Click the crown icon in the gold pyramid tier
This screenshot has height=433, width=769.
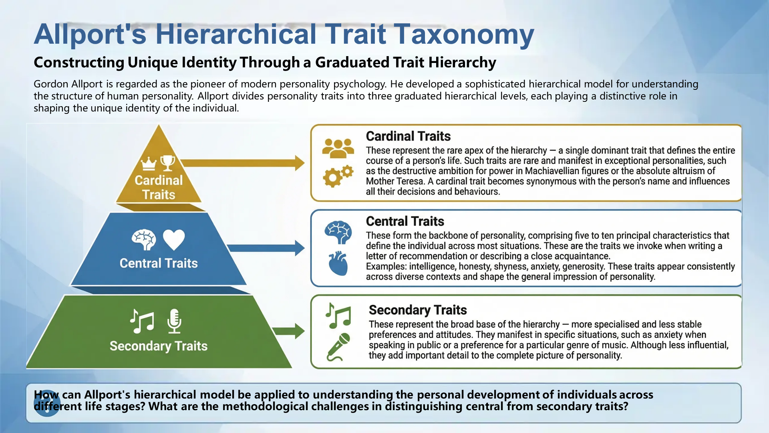149,164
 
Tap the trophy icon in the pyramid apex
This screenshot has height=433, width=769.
168,163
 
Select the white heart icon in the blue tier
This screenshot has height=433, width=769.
174,239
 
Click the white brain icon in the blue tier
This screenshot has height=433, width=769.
144,239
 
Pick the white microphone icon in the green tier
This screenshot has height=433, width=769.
174,321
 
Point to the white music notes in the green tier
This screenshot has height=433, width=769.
142,321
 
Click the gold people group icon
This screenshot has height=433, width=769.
338,148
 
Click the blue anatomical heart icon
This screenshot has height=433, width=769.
338,263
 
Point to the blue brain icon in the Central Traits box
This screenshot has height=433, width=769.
338,232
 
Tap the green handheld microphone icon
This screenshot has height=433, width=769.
338,347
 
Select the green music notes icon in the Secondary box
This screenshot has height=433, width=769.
338,316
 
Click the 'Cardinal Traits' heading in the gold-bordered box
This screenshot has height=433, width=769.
408,136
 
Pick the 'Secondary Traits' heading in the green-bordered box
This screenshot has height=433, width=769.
418,310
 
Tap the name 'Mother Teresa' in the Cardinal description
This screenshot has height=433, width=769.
395,181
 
